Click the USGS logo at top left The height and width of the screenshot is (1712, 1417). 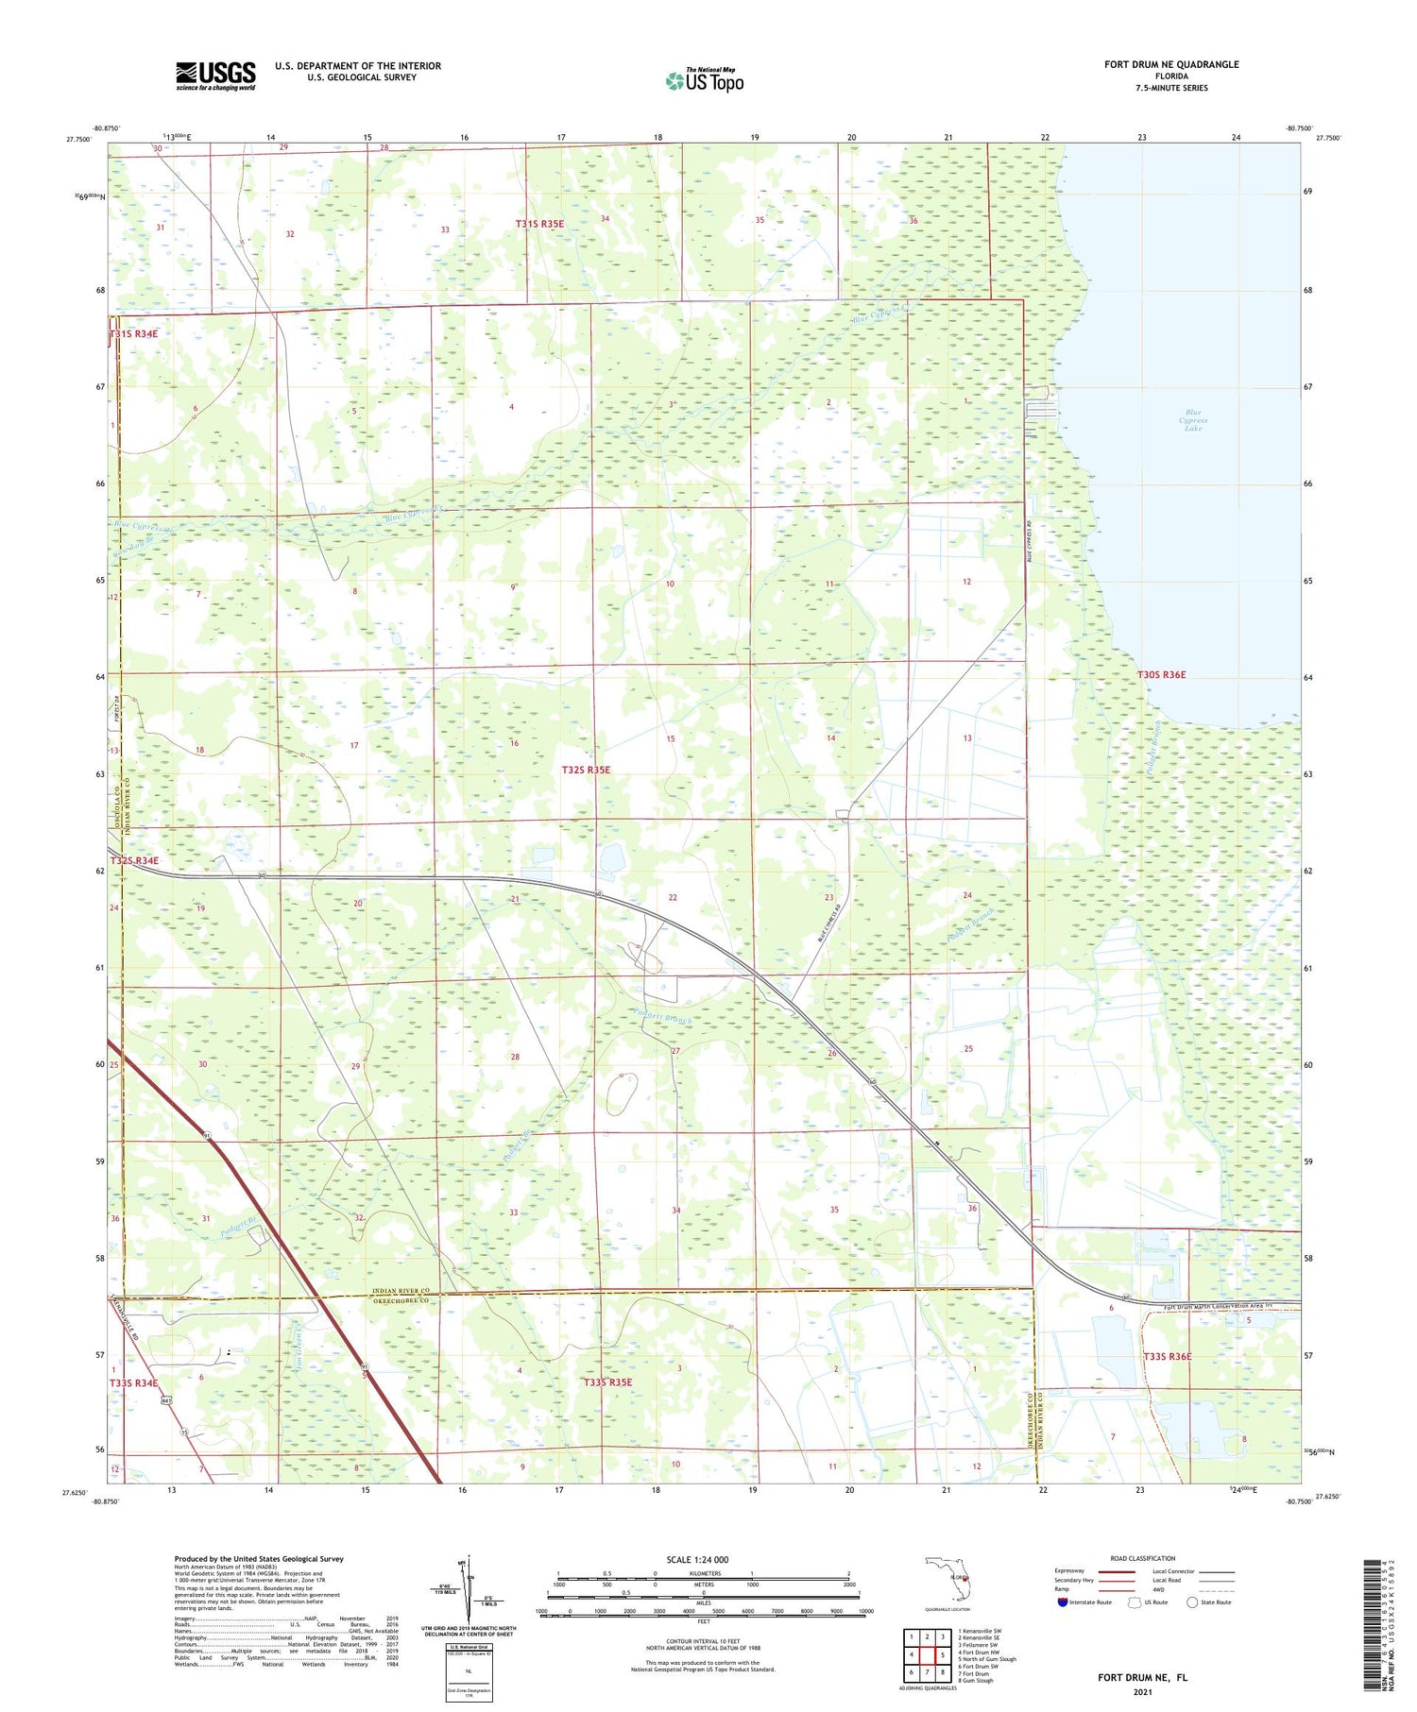215,76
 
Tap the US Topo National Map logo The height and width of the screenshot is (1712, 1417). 705,80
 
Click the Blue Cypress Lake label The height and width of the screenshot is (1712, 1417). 1193,420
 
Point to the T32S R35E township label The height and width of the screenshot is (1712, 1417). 586,770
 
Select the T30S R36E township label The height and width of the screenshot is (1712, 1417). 1161,674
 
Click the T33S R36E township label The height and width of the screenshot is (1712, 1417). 1168,1356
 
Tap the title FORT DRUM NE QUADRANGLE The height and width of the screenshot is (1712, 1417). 1171,64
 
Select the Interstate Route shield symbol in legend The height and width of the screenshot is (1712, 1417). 1063,1602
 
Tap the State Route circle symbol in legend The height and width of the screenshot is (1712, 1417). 1192,1602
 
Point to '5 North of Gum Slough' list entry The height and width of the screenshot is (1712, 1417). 987,1658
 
